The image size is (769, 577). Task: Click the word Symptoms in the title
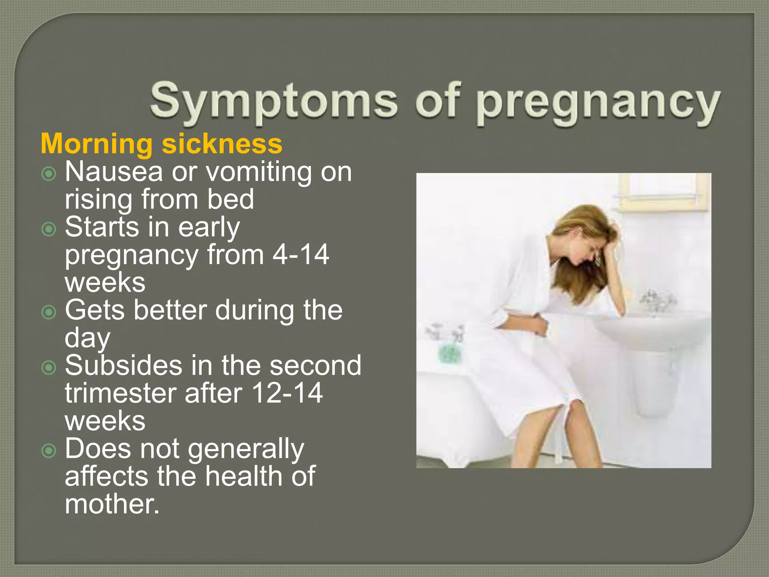[273, 101]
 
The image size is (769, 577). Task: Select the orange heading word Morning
[96, 144]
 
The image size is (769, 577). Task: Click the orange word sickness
[222, 144]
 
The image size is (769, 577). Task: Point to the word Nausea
[114, 172]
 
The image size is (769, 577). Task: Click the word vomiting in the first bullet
[259, 172]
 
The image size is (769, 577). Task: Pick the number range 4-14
[300, 255]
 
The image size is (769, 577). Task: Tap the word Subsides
[124, 365]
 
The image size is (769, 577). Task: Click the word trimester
[120, 393]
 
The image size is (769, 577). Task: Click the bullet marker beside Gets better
[49, 312]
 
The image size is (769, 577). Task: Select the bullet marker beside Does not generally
[49, 450]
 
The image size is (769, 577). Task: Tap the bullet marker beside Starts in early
[49, 229]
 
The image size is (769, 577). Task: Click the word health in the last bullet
[244, 476]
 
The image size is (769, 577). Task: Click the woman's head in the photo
[586, 240]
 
